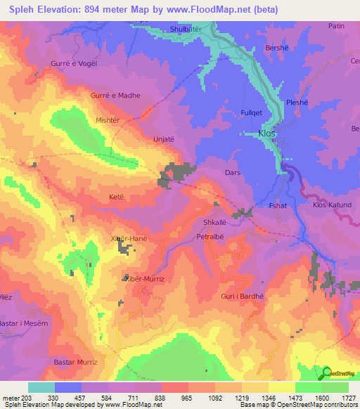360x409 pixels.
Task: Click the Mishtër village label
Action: click(x=108, y=120)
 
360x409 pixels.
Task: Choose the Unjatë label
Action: click(x=163, y=139)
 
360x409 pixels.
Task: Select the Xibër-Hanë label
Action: click(x=129, y=239)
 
